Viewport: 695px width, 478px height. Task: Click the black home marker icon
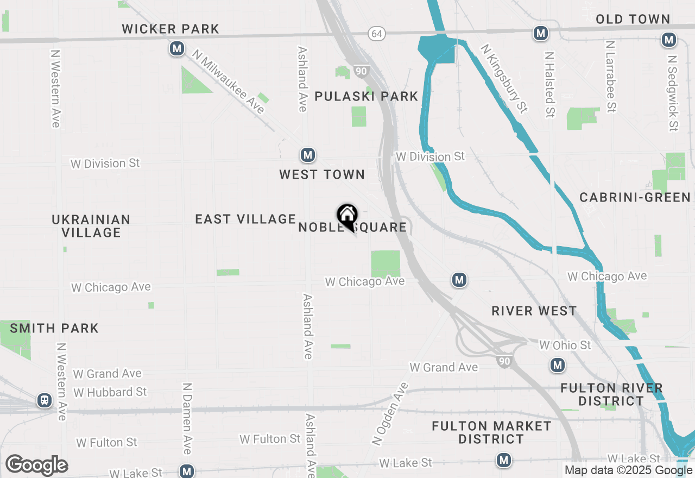347,216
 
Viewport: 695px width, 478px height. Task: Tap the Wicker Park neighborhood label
170,29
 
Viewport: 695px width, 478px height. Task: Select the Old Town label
633,19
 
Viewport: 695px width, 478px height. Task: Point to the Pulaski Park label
367,97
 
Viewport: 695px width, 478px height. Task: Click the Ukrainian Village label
91,226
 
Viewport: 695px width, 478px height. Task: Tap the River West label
534,311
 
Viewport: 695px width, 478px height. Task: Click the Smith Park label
54,328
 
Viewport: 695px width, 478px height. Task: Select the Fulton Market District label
491,432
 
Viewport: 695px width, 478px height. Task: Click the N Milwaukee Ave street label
228,81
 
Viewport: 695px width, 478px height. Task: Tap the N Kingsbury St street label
504,79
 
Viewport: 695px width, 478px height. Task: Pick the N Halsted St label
550,85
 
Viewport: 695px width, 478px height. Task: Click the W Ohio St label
565,345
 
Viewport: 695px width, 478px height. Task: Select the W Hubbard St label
110,392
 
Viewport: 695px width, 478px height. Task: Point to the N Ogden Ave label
390,414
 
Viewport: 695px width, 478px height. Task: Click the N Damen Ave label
187,418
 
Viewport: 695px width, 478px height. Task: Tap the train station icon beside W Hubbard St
45,401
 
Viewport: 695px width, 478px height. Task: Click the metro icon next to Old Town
669,40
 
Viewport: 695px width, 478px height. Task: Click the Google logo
36,465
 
